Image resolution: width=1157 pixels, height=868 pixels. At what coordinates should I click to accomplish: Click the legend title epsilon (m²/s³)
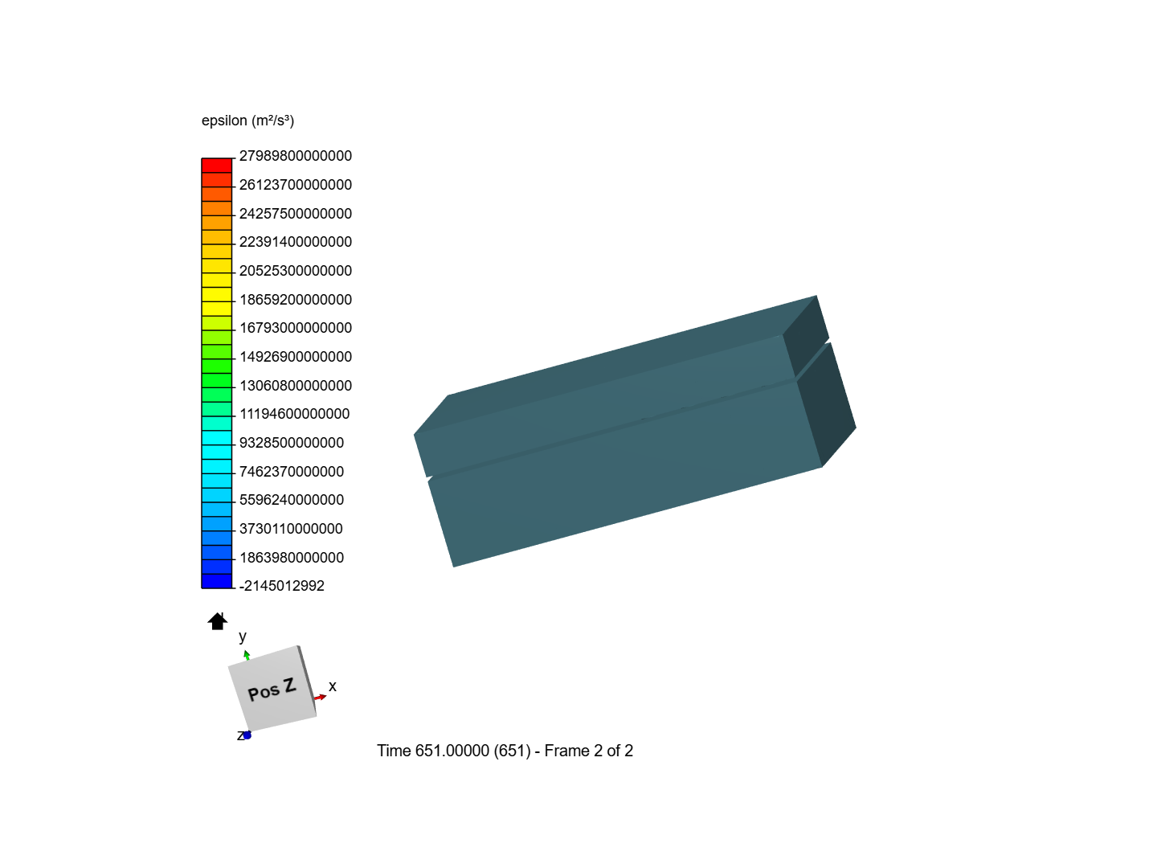click(247, 121)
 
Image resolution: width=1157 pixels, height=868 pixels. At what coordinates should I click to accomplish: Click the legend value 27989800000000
click(295, 156)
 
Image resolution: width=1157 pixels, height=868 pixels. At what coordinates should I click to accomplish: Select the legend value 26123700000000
click(295, 185)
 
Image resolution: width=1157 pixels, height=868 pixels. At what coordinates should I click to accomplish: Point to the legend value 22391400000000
click(295, 242)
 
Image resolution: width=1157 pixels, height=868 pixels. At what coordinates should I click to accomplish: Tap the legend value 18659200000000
click(295, 300)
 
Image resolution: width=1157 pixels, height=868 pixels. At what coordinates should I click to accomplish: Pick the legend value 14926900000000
click(295, 357)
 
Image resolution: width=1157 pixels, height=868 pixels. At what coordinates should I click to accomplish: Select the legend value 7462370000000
click(291, 472)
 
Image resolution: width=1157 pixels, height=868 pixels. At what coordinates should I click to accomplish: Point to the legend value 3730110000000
click(291, 529)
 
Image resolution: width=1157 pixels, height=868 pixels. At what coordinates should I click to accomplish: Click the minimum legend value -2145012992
click(281, 586)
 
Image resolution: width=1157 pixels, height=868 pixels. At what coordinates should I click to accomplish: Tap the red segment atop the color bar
click(216, 166)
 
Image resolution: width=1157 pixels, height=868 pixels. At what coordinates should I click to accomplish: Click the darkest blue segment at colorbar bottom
click(216, 581)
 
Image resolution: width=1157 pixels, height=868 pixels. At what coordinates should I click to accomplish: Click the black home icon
click(217, 621)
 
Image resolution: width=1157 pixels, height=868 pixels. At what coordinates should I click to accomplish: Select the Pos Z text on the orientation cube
click(272, 690)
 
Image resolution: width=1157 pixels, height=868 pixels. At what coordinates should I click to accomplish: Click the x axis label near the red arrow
click(332, 686)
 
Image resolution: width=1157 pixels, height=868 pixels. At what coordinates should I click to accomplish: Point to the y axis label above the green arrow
click(243, 637)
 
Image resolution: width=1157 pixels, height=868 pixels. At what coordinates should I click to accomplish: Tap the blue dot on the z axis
click(247, 735)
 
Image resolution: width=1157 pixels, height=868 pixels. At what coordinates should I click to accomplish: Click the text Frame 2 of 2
click(588, 751)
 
